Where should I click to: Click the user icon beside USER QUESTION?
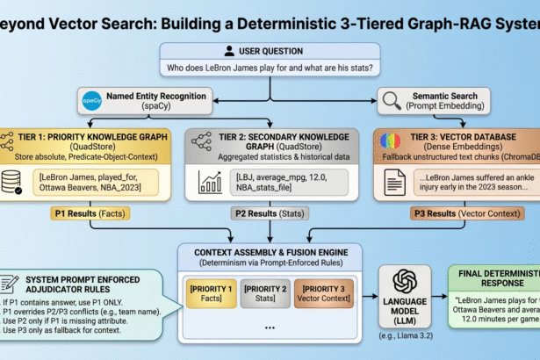pos(229,52)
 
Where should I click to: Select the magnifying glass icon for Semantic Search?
pos(391,99)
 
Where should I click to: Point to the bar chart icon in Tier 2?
pos(212,182)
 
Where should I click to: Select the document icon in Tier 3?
pos(391,182)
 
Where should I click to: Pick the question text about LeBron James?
pos(270,68)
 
